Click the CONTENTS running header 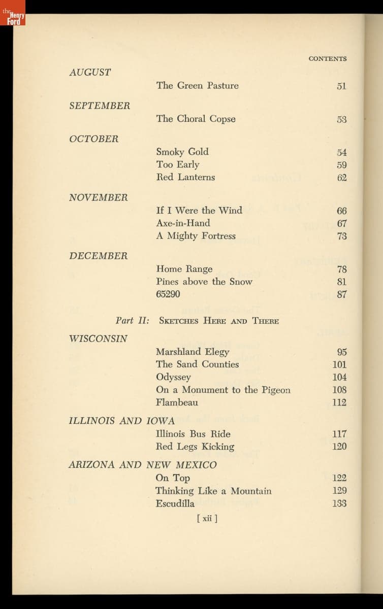(327, 58)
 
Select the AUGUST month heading (90, 73)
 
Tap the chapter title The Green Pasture (197, 86)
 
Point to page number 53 (341, 119)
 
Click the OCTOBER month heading (93, 139)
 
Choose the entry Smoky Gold (182, 152)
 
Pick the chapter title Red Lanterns (185, 177)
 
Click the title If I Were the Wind (199, 210)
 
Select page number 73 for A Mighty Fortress (341, 236)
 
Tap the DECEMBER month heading (98, 256)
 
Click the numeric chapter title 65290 (168, 294)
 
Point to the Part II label (132, 321)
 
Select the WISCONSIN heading (98, 339)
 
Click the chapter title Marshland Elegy (193, 352)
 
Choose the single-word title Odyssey (174, 377)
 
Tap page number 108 (339, 390)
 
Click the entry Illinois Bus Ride (193, 434)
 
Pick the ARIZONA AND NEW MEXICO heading (143, 465)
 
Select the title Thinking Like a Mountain (213, 491)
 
